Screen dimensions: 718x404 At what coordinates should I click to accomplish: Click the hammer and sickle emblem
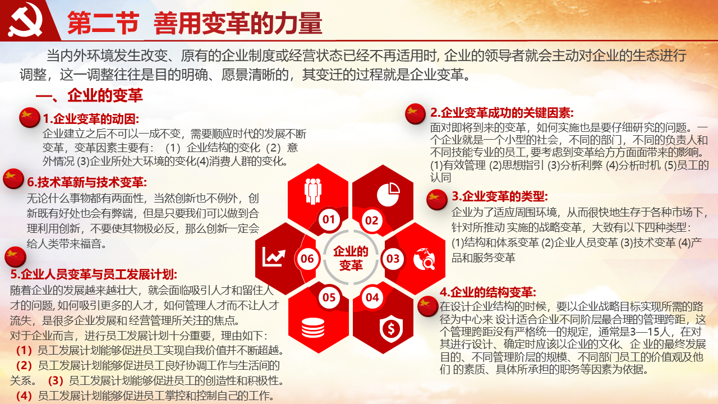coord(25,20)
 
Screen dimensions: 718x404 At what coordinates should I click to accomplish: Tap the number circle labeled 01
coord(329,219)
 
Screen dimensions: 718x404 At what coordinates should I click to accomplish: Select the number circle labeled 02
coord(372,221)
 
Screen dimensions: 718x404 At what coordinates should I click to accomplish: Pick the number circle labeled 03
coord(393,259)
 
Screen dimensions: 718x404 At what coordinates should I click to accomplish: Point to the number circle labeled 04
coord(372,297)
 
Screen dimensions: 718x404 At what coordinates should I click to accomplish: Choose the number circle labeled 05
coord(329,297)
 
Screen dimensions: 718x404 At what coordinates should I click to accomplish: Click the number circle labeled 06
coord(307,259)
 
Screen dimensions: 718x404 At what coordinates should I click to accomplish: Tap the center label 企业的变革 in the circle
coord(351,258)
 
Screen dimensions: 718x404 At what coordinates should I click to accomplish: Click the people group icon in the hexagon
coord(313,191)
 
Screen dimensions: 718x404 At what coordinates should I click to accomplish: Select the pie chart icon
coord(388,194)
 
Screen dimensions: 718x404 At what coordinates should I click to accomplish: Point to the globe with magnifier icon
coord(424,259)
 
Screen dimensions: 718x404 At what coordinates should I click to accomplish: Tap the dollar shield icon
coord(391,329)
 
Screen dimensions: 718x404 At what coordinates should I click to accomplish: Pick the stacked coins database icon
coord(313,328)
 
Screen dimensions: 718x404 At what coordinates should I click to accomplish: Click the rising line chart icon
coord(274,258)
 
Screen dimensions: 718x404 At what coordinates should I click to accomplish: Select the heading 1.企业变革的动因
coord(91,118)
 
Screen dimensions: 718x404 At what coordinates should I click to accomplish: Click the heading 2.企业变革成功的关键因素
coord(502,113)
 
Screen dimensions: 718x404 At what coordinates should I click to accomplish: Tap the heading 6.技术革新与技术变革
coord(87,182)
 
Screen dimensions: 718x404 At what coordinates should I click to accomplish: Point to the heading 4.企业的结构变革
coord(488,292)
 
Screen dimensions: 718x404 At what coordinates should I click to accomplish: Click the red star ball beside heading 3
coord(436,200)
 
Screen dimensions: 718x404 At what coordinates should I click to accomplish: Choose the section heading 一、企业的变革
coord(89,95)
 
